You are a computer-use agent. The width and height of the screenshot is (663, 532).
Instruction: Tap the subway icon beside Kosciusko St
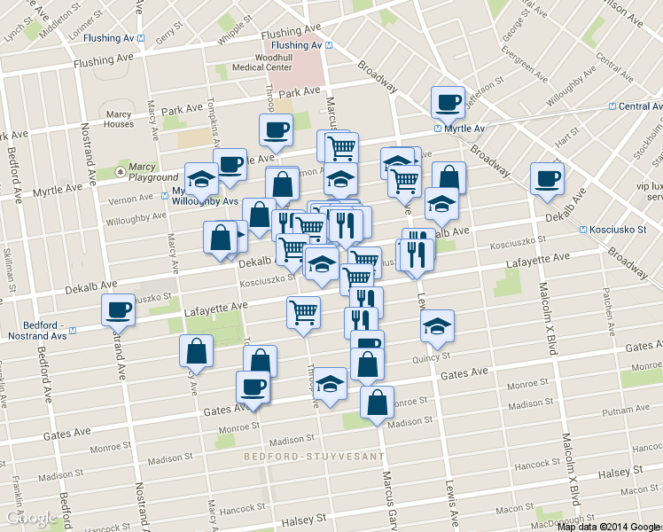[x=583, y=230]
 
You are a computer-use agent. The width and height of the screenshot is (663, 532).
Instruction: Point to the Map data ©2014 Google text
[x=609, y=527]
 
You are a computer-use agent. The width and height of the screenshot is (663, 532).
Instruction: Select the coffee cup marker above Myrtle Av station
[x=448, y=101]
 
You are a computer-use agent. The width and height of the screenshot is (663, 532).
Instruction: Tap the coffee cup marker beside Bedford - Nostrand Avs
[x=118, y=309]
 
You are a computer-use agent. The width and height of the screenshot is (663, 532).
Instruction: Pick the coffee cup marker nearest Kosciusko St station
[x=546, y=178]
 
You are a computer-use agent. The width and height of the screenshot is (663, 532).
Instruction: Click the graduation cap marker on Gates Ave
[x=331, y=383]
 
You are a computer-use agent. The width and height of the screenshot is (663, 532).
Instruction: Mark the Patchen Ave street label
[x=609, y=304]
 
